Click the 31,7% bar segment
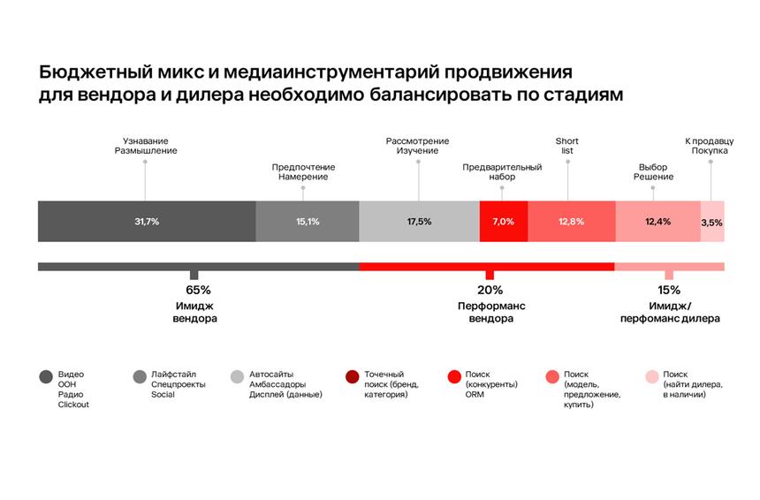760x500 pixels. pyautogui.click(x=147, y=222)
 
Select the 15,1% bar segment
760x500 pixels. pyautogui.click(x=308, y=222)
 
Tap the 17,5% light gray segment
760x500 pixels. pyautogui.click(x=419, y=222)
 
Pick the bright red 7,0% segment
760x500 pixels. pyautogui.click(x=503, y=222)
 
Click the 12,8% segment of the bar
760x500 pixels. pyautogui.click(x=571, y=222)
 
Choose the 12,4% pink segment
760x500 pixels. pyautogui.click(x=657, y=222)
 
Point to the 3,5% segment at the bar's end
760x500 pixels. pyautogui.click(x=712, y=222)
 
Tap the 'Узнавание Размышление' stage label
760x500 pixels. pyautogui.click(x=146, y=146)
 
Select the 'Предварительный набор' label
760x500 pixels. pyautogui.click(x=502, y=171)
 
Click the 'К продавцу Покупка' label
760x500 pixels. pyautogui.click(x=710, y=146)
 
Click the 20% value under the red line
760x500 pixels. pyautogui.click(x=490, y=290)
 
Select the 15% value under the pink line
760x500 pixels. pyautogui.click(x=668, y=290)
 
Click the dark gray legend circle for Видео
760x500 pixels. pyautogui.click(x=46, y=377)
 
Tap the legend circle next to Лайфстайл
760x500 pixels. pyautogui.click(x=139, y=377)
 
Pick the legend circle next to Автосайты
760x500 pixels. pyautogui.click(x=236, y=377)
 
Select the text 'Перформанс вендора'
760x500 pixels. pyautogui.click(x=490, y=312)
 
